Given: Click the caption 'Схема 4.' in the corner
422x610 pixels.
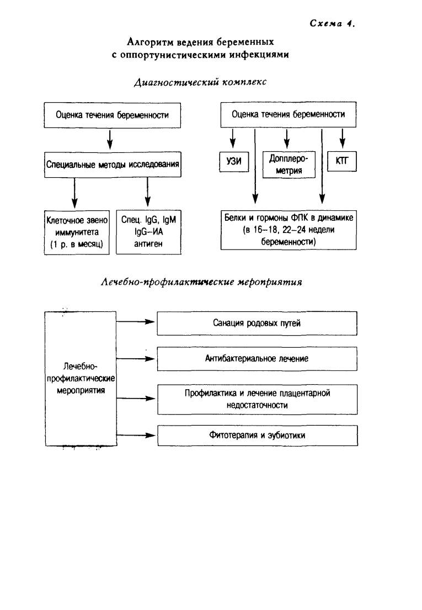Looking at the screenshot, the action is pos(333,23).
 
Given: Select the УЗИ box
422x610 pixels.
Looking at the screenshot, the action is pos(234,161).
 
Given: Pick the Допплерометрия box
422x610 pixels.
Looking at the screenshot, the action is pos(289,165).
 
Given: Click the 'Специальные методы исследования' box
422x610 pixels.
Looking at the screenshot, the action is pos(113,165).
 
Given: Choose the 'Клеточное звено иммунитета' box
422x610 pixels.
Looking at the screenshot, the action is pos(77,232).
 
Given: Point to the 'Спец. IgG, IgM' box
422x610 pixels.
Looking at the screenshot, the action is pos(149,232).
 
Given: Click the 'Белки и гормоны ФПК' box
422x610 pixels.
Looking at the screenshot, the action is pos(289,230).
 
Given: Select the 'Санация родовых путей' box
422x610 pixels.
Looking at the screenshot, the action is pos(257,323).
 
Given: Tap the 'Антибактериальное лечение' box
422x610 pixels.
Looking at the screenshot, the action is pos(257,359).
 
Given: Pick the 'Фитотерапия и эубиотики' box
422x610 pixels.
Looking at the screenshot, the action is pos(257,436).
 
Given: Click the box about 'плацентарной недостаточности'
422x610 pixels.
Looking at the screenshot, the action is pos(257,400).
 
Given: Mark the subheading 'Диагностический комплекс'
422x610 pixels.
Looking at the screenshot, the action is pos(200,82).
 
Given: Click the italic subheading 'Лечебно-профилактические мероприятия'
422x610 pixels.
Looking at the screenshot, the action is pos(201,282).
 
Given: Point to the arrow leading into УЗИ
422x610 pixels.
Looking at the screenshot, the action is pos(233,138).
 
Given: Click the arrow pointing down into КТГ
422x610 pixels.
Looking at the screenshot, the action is pos(343,138).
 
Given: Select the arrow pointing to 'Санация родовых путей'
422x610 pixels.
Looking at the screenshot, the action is pos(136,322).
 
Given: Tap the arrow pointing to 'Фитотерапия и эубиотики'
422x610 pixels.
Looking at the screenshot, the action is pos(136,436).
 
